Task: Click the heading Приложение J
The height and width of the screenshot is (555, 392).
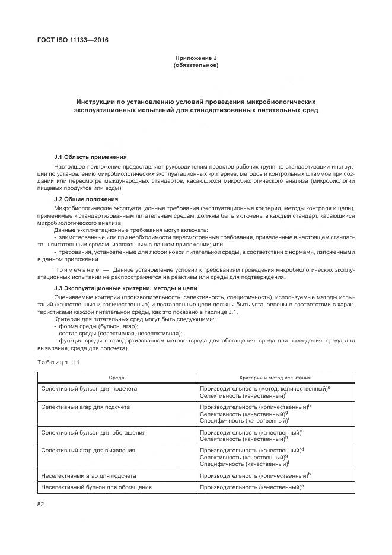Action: click(196, 58)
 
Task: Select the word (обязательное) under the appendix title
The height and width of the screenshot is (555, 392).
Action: click(196, 65)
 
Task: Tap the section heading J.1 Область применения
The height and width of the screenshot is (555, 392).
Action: click(90, 157)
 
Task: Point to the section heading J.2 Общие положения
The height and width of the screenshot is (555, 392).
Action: click(86, 199)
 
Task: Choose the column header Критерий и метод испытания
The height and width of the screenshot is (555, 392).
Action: click(275, 377)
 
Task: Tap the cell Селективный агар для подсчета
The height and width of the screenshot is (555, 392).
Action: click(85, 407)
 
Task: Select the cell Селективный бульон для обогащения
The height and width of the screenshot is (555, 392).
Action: click(93, 432)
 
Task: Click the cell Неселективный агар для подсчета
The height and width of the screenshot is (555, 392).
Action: click(89, 475)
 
